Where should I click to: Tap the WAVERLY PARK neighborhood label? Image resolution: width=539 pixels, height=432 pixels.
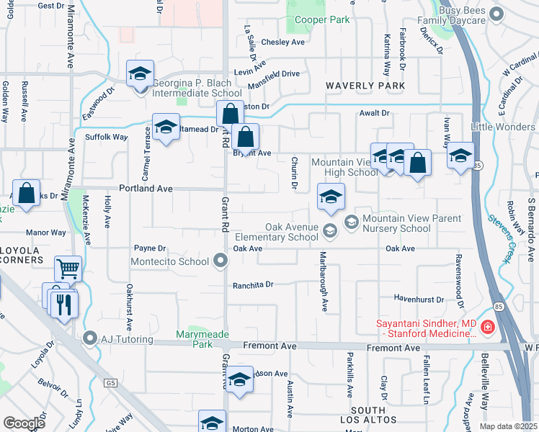pyautogui.click(x=365, y=86)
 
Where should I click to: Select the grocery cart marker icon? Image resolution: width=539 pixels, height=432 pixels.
pyautogui.click(x=68, y=269)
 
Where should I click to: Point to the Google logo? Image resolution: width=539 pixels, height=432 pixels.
pyautogui.click(x=24, y=423)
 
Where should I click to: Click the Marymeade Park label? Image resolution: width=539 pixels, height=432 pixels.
pyautogui.click(x=195, y=339)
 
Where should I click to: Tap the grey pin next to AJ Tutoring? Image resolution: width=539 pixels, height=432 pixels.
pyautogui.click(x=89, y=338)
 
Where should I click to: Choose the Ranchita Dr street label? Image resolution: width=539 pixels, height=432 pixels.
pyautogui.click(x=253, y=284)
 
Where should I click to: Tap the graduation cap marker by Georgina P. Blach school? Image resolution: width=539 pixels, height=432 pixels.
pyautogui.click(x=141, y=73)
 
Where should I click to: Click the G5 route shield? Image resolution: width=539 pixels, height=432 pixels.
pyautogui.click(x=110, y=382)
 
